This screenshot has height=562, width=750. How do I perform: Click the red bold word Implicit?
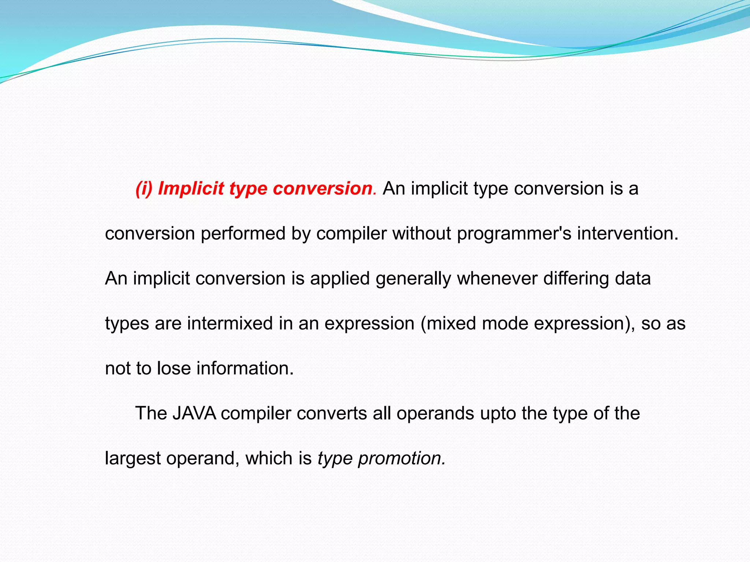[x=191, y=189]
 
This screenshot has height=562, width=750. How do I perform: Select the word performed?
[x=243, y=234]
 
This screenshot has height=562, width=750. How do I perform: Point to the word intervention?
[x=627, y=234]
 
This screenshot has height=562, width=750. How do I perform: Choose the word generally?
[x=413, y=279]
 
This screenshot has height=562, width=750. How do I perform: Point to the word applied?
[x=340, y=279]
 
